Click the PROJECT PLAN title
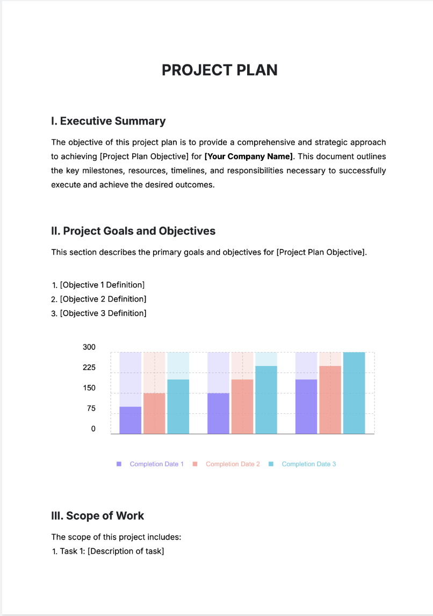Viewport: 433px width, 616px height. (x=219, y=70)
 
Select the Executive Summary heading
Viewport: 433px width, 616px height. (x=108, y=121)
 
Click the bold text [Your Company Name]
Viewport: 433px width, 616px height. (x=249, y=156)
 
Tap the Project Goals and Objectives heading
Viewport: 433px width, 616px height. (x=133, y=231)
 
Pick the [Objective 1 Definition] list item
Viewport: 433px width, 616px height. (x=102, y=285)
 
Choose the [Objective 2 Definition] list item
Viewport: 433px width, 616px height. (x=103, y=299)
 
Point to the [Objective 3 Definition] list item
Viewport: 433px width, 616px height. (x=103, y=313)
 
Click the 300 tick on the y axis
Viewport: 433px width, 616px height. (x=89, y=347)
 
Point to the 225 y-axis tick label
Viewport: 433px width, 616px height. (x=89, y=368)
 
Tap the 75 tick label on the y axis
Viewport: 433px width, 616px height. (x=91, y=409)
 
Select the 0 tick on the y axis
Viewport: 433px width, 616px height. (x=93, y=429)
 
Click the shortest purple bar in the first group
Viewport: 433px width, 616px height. (x=130, y=420)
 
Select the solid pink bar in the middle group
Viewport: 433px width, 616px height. (x=242, y=407)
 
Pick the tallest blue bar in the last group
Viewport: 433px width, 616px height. (x=354, y=393)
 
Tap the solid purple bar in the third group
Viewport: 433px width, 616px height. (x=306, y=407)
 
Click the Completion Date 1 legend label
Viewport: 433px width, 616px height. (x=156, y=464)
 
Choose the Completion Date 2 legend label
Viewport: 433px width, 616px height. (x=233, y=464)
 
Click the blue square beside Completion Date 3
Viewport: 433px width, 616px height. (x=271, y=464)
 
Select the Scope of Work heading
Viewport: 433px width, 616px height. (x=97, y=516)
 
